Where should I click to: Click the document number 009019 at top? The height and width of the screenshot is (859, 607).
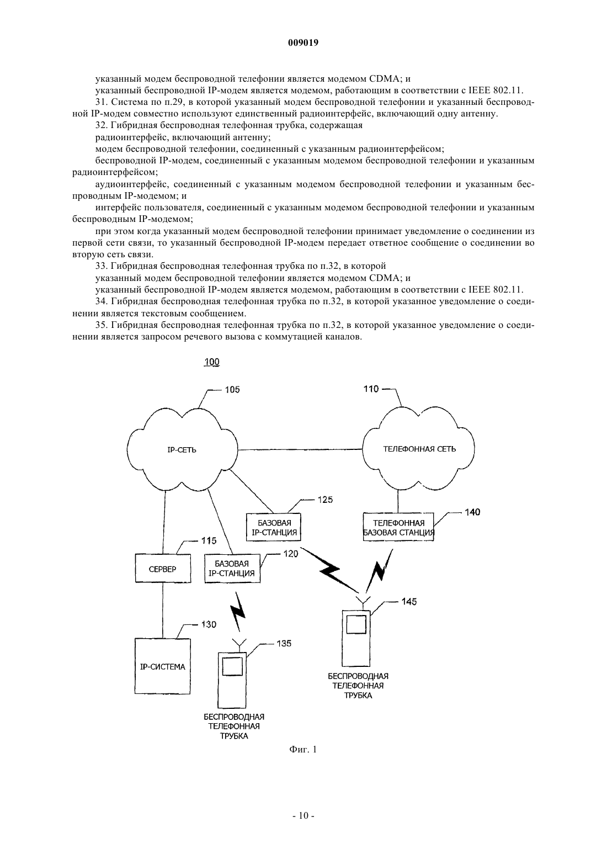(x=303, y=43)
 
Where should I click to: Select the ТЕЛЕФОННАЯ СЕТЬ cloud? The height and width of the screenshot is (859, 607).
(x=419, y=449)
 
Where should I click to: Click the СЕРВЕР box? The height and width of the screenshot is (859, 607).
(x=163, y=569)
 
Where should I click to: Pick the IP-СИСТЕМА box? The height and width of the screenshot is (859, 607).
(x=162, y=666)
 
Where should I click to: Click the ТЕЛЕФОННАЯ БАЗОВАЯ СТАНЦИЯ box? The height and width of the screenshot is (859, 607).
(x=398, y=527)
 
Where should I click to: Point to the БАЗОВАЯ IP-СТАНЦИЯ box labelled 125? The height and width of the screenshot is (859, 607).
(x=274, y=527)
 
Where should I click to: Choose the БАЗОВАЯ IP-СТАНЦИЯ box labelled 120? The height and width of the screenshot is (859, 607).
(x=232, y=569)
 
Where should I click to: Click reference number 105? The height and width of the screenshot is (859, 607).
(x=232, y=390)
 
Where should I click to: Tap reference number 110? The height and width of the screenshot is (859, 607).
(x=371, y=389)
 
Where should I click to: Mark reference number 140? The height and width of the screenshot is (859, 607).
(x=472, y=512)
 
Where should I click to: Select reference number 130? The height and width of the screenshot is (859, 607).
(x=209, y=625)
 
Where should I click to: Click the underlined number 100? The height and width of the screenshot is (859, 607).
(x=212, y=362)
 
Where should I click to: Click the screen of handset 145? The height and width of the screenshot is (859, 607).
(x=356, y=624)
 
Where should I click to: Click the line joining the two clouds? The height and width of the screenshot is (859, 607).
(x=300, y=449)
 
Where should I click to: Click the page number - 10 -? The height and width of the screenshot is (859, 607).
(x=303, y=826)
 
